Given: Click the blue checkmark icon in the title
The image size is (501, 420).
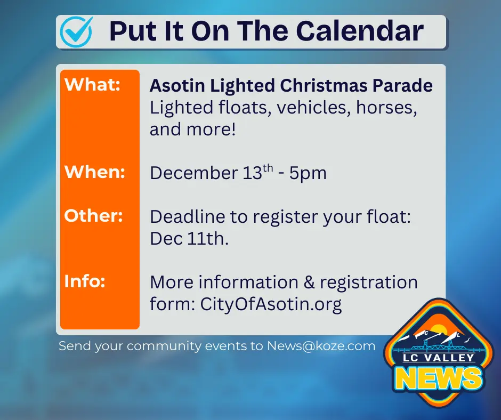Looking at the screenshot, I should pos(77,31).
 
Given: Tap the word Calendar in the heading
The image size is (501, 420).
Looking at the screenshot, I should pos(360,31).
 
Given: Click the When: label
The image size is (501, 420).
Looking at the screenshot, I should pos(95,172).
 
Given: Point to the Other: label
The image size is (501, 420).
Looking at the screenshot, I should pos(94,216).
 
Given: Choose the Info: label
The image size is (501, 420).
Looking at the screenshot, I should pos(85,281).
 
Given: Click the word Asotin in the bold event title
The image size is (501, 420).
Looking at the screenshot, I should pos(176,86).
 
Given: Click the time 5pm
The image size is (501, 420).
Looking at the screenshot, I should pos(308,173).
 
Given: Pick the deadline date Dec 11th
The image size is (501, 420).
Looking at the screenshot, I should pos(189,239).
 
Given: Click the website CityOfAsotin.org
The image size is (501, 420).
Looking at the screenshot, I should pos(271,304).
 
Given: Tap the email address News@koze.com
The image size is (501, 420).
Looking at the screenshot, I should pos(321,346).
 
